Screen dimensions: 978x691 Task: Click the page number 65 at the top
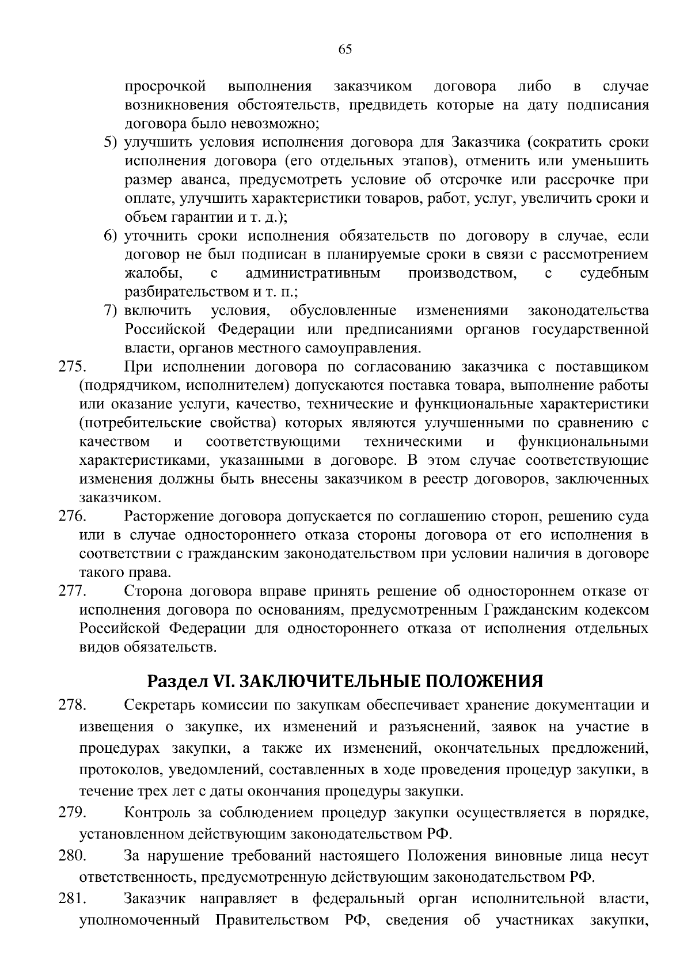click(345, 50)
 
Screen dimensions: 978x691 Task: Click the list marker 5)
click(111, 143)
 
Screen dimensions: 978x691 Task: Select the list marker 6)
click(111, 236)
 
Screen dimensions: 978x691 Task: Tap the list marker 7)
click(111, 311)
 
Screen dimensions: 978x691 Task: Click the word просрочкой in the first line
click(166, 87)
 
